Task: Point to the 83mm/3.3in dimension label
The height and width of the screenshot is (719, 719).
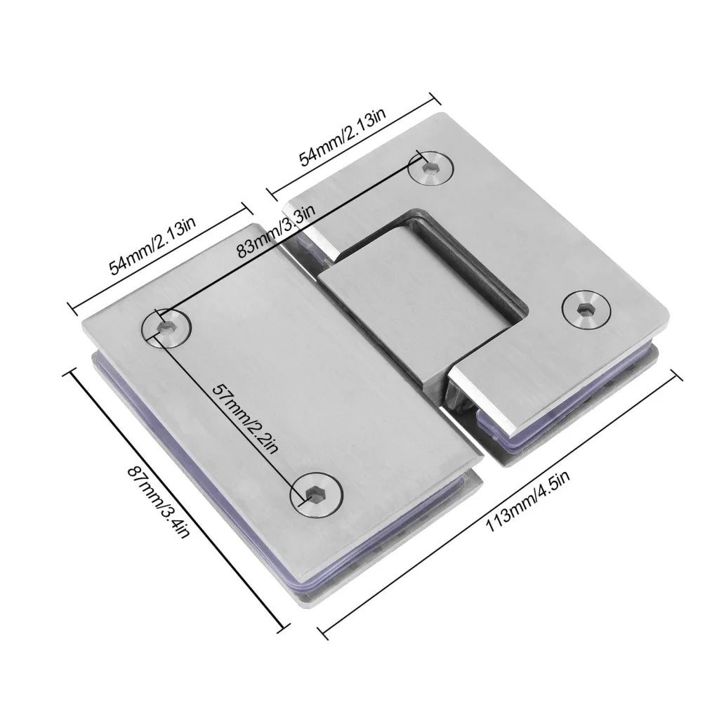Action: click(x=277, y=232)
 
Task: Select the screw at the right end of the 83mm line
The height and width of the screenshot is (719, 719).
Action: click(x=431, y=169)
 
